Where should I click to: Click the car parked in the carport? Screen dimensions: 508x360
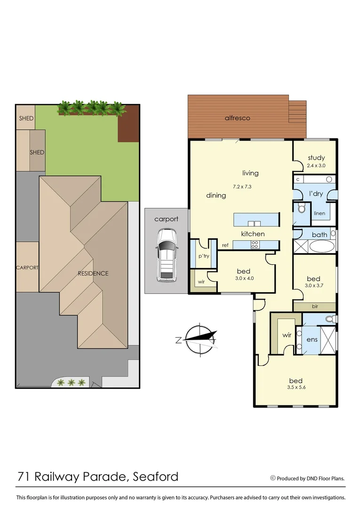pos(167,254)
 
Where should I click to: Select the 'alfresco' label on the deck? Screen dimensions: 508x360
pos(237,118)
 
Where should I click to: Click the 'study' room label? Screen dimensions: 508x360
pos(316,158)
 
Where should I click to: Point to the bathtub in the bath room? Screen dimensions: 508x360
pos(321,246)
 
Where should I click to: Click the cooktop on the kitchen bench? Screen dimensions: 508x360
pos(255,244)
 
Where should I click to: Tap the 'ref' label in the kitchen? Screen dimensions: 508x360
pos(225,245)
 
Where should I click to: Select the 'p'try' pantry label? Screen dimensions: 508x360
pos(203,256)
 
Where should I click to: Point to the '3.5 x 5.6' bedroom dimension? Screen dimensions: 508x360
pos(296,389)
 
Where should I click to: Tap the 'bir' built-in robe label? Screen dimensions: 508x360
pos(315,306)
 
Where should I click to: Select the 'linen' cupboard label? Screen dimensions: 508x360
pos(319,213)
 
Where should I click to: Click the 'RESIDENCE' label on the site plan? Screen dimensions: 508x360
pos(93,273)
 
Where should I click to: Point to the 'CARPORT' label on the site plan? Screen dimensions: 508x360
pos(27,268)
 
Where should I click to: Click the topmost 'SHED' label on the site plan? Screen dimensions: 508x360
pos(26,118)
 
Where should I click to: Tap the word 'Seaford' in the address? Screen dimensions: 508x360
pos(157,476)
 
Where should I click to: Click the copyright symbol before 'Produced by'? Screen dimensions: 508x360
pos(272,478)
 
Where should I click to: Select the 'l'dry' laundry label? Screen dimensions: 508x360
pos(315,193)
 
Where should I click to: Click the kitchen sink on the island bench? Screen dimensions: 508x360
pos(255,223)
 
